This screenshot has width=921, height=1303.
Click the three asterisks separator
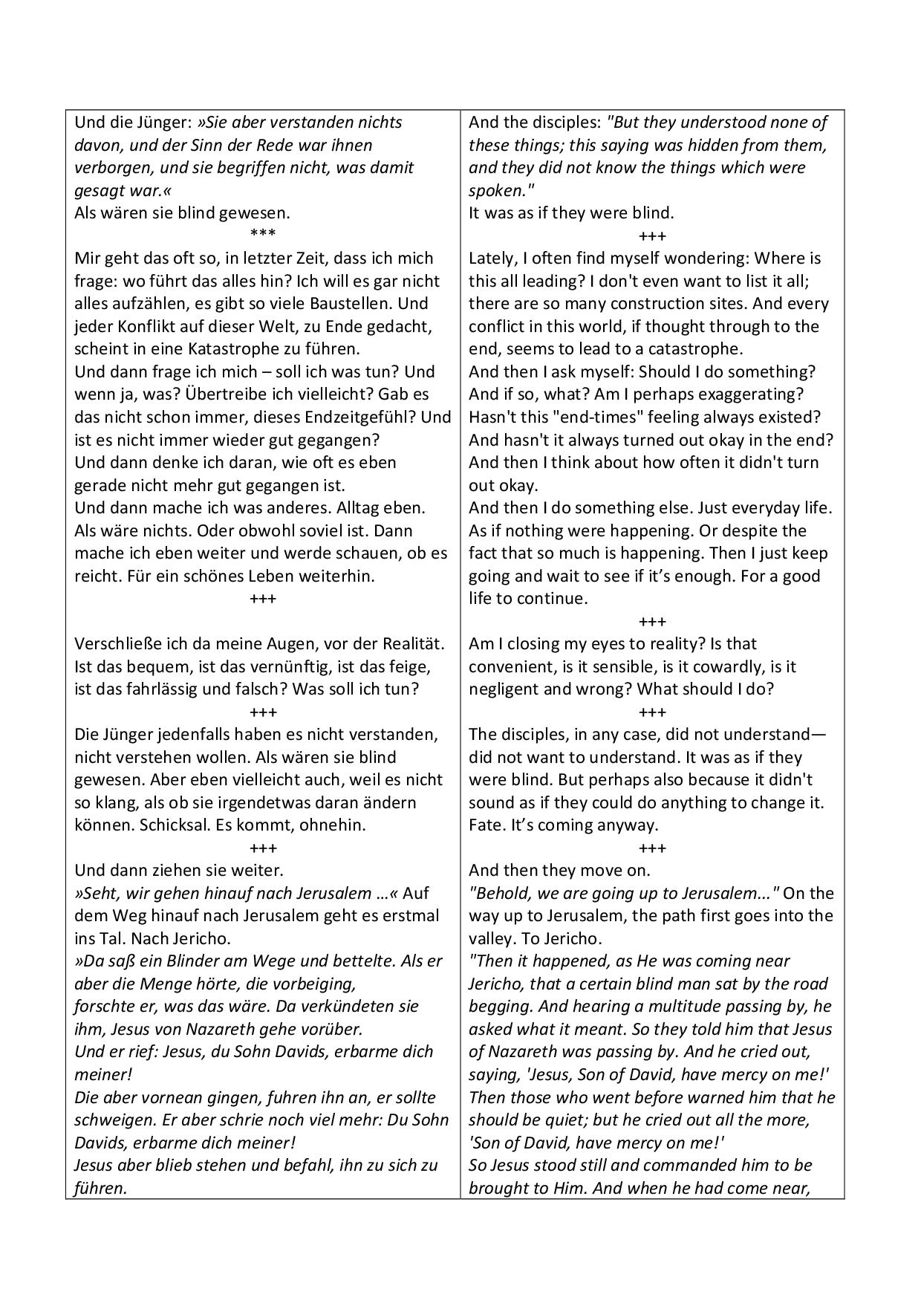[x=263, y=235]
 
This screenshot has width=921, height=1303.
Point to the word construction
[x=674, y=303]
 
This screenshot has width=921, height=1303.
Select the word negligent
[x=504, y=689]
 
